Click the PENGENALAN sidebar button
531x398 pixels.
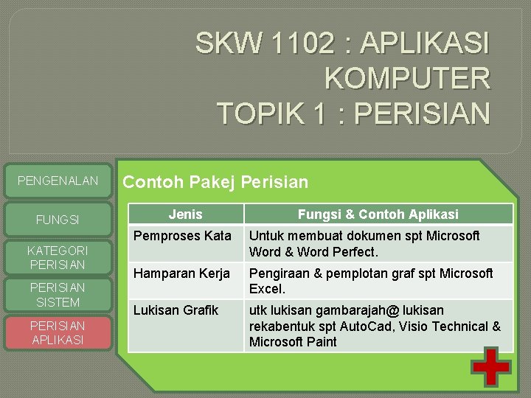58,181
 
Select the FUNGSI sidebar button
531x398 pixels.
58,220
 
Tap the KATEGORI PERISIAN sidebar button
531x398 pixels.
58,257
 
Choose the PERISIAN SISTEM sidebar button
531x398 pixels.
58,295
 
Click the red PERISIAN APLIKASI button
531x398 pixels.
58,332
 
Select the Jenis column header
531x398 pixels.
185,214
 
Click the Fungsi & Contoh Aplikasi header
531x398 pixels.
378,214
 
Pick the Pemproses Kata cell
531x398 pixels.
182,236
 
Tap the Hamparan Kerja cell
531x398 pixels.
181,273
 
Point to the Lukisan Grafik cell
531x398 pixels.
176,310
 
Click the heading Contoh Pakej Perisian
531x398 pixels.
215,181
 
